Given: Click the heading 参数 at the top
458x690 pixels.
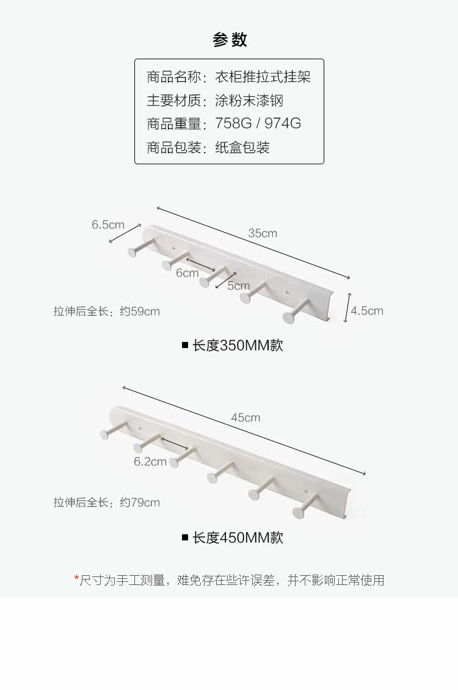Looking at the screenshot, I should pyautogui.click(x=230, y=40).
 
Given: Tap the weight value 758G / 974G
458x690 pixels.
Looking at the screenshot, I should pyautogui.click(x=258, y=123).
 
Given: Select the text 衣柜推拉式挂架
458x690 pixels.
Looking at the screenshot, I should pyautogui.click(x=263, y=77).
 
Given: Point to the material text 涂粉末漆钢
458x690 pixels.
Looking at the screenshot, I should pyautogui.click(x=249, y=100).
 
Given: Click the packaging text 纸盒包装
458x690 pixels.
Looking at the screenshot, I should pyautogui.click(x=242, y=147).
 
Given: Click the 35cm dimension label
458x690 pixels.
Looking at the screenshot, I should pyautogui.click(x=263, y=233).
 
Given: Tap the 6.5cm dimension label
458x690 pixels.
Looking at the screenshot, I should pyautogui.click(x=108, y=224).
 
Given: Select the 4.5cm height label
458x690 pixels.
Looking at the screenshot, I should pyautogui.click(x=367, y=310).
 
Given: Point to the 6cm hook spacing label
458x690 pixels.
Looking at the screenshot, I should pyautogui.click(x=187, y=273).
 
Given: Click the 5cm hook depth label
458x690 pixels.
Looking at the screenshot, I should pyautogui.click(x=238, y=285).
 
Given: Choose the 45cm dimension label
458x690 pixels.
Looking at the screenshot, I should pyautogui.click(x=245, y=418).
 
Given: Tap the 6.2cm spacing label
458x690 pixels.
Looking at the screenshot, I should pyautogui.click(x=150, y=462).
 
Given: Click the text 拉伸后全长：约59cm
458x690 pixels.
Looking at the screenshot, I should pyautogui.click(x=107, y=311).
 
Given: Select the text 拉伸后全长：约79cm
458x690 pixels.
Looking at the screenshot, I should pyautogui.click(x=107, y=503).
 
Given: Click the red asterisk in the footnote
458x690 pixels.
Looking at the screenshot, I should pyautogui.click(x=77, y=578).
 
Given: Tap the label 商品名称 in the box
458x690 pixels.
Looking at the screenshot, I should pyautogui.click(x=173, y=77).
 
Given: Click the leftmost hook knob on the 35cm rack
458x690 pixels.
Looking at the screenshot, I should pyautogui.click(x=133, y=251).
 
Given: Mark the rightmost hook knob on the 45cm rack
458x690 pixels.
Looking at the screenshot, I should pyautogui.click(x=299, y=512).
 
